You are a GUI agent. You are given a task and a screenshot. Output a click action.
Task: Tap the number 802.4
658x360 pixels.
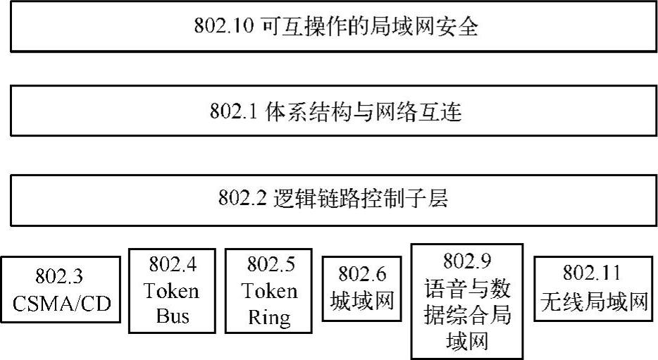tap(173, 265)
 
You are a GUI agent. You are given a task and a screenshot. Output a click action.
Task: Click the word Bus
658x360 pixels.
tap(173, 316)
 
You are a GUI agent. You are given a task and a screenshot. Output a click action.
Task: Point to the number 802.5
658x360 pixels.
tap(272, 265)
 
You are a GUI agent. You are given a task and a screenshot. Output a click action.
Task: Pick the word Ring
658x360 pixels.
tap(270, 316)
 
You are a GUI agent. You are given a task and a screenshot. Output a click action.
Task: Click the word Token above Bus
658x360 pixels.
tap(173, 290)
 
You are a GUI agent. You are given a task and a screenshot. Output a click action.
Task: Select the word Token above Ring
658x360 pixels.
tap(270, 290)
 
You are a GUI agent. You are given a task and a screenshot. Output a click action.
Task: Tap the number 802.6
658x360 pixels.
tap(361, 273)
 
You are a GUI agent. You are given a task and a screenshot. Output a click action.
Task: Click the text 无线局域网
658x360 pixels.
tap(592, 302)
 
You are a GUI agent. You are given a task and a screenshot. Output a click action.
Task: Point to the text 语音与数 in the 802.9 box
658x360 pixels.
tap(467, 288)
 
